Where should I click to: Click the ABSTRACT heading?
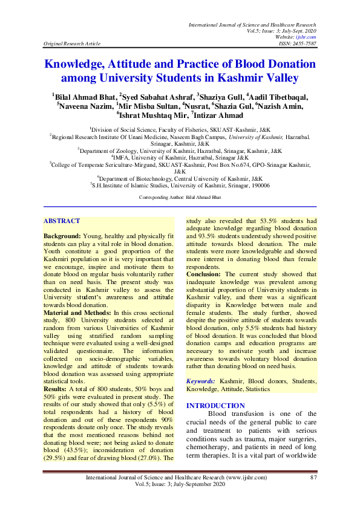pyautogui.click(x=62, y=221)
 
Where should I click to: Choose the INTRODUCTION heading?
pyautogui.click(x=215, y=405)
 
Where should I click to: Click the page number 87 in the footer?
pyautogui.click(x=313, y=478)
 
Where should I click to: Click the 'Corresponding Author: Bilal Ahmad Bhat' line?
pyautogui.click(x=179, y=198)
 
